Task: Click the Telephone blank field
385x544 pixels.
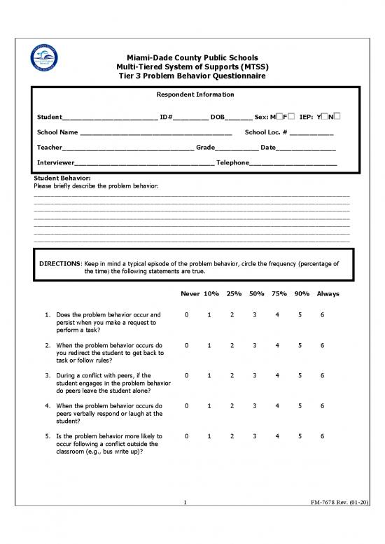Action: click(293, 164)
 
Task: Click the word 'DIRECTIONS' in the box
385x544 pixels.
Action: click(60, 265)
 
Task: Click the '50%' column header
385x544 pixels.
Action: click(255, 294)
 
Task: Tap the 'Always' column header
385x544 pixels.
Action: click(327, 294)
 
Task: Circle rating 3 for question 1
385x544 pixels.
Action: click(255, 315)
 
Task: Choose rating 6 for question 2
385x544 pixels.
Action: click(322, 345)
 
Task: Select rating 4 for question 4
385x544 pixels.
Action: click(278, 405)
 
